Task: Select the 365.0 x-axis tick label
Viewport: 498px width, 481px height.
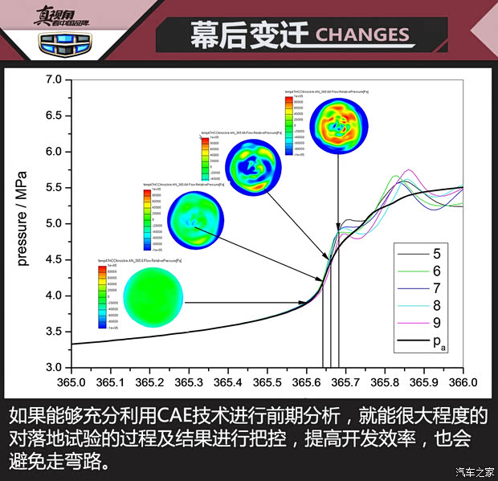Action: tap(71, 381)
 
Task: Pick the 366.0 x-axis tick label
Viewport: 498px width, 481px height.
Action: tap(463, 381)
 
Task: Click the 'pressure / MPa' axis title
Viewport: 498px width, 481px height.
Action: tap(23, 222)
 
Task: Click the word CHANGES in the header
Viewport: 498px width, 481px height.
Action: tap(362, 35)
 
